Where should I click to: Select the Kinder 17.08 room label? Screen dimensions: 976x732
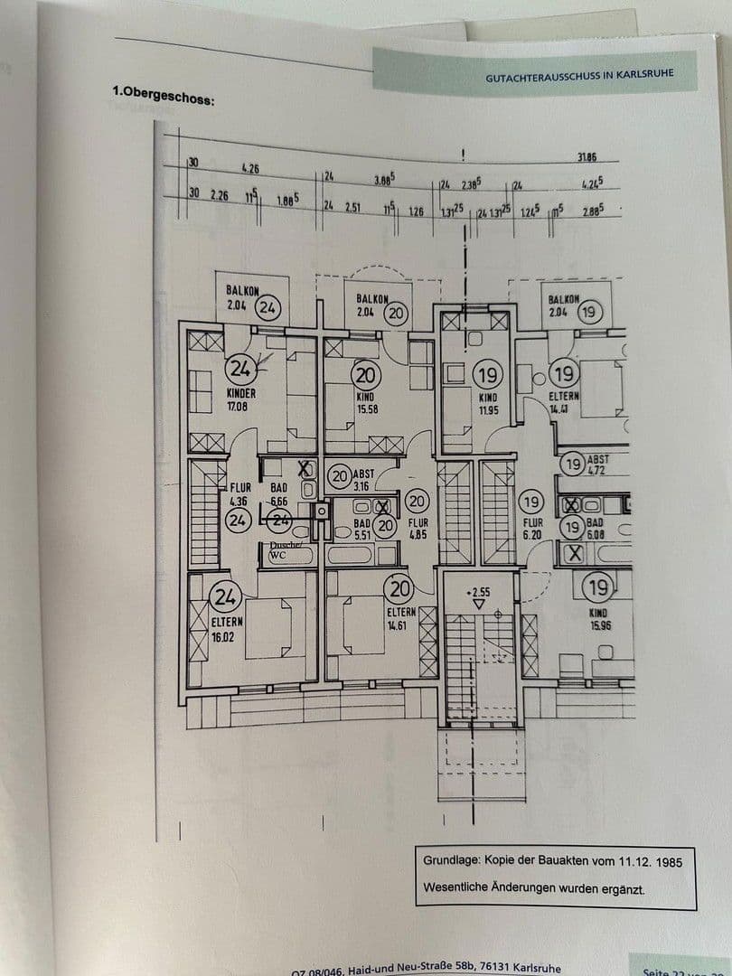click(x=241, y=399)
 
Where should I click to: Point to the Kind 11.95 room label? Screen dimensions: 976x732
click(x=488, y=403)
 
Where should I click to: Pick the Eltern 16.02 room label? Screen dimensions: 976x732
click(x=223, y=629)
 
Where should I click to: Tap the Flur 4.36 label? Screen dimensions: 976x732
click(x=239, y=493)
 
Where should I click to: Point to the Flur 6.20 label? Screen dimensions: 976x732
click(x=531, y=529)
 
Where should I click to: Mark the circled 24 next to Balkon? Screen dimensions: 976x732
click(x=267, y=307)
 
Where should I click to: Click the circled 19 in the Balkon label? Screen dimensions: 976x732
click(x=589, y=313)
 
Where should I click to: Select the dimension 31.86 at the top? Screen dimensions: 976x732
click(x=587, y=157)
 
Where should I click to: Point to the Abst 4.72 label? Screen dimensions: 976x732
click(x=597, y=465)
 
